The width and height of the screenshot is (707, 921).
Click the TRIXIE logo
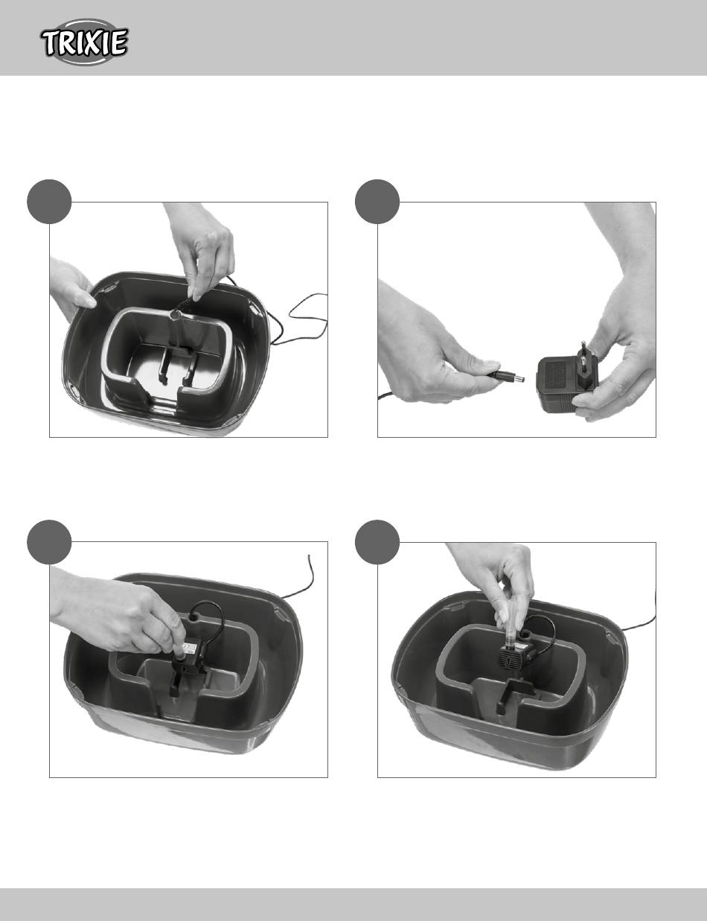pyautogui.click(x=85, y=42)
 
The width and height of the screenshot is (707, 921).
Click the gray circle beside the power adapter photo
pyautogui.click(x=377, y=202)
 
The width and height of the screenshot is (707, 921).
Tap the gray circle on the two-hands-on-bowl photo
pyautogui.click(x=48, y=202)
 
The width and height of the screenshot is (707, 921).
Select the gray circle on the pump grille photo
pyautogui.click(x=377, y=542)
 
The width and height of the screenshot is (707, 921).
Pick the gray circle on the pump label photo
pyautogui.click(x=48, y=542)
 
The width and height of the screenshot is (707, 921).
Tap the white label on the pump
pyautogui.click(x=188, y=649)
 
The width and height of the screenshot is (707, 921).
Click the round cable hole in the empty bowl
pyautogui.click(x=175, y=315)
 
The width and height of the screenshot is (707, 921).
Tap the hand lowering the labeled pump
pyautogui.click(x=118, y=611)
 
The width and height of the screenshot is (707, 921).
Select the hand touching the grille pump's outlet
pyautogui.click(x=500, y=581)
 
